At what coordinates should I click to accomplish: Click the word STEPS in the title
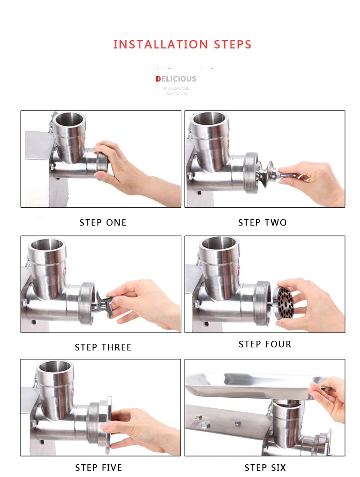[x=232, y=45]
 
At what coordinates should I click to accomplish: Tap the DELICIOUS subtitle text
[x=176, y=79]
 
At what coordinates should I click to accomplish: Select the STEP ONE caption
[x=103, y=222]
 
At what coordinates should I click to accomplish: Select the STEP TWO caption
[x=262, y=222]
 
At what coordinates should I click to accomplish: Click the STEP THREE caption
[x=103, y=347]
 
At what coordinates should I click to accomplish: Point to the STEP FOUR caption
[x=265, y=344]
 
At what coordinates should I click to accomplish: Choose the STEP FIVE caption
[x=98, y=467]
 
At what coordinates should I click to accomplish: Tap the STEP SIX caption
[x=265, y=467]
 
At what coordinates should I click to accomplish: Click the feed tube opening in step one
[x=69, y=120]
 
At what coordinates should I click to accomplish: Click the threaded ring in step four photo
[x=262, y=303]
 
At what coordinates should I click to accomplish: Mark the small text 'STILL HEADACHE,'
[x=176, y=88]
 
